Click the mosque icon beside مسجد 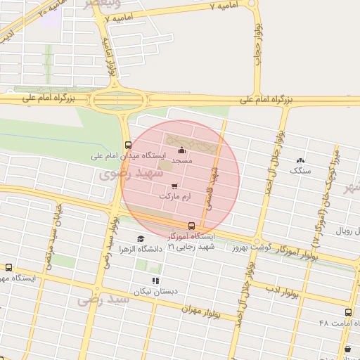tap(182, 150)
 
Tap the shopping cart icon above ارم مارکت tap(174, 186)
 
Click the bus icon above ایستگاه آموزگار tap(191, 226)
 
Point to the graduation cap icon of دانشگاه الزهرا tap(140, 239)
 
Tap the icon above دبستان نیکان tap(155, 281)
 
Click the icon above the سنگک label tap(302, 161)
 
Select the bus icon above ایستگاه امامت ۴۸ tap(348, 312)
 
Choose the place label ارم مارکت tap(175, 195)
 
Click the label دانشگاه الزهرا tap(140, 249)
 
